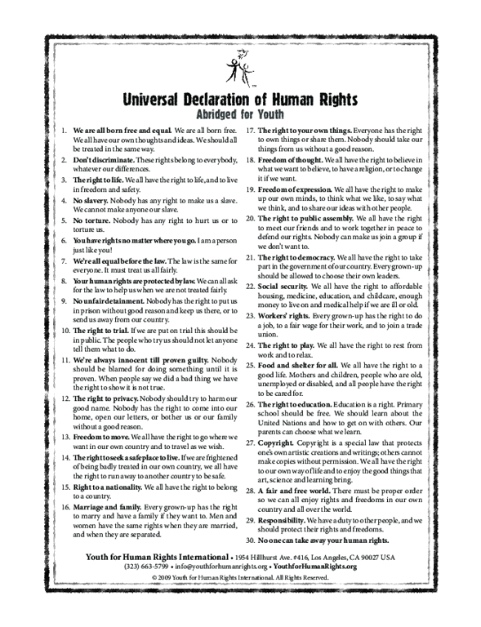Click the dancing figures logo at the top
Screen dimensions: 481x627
click(x=240, y=70)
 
